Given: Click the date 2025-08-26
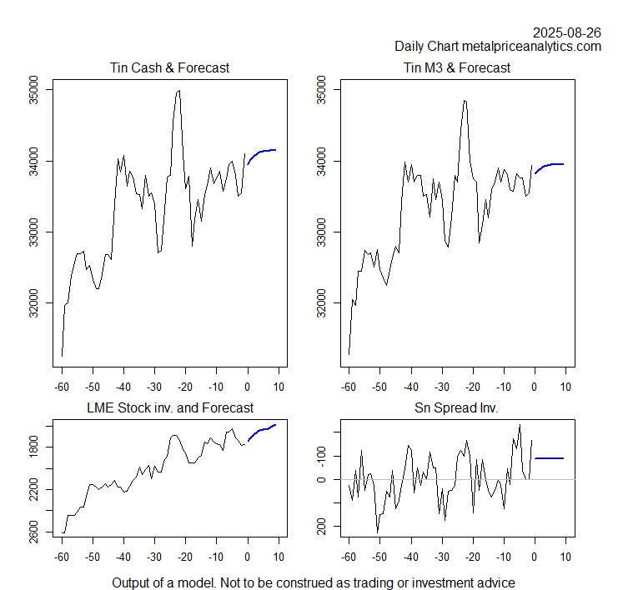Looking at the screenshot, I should coord(567,32).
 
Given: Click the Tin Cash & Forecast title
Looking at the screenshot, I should coord(169,67).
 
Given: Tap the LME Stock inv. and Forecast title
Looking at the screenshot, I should coord(169,408).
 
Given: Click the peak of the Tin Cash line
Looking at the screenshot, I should coord(178,91).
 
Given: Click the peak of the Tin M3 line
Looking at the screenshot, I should coord(465,101).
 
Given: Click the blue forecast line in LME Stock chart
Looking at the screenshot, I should coord(262,430).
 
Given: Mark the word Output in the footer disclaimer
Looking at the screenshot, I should coord(133,582).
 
